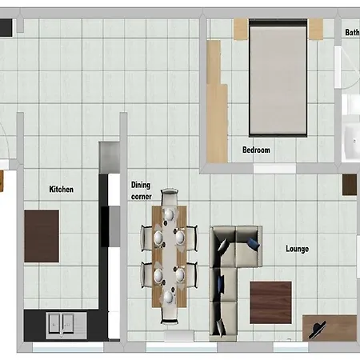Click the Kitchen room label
(x=62, y=189)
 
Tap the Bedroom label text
(x=256, y=150)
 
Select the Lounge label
(x=298, y=249)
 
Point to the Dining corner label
(x=142, y=190)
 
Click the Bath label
(x=352, y=32)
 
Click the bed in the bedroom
(x=278, y=78)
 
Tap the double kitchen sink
(x=66, y=326)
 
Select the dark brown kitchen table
(x=42, y=236)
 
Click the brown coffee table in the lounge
(x=270, y=302)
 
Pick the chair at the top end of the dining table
(x=170, y=197)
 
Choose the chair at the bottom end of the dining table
(x=170, y=316)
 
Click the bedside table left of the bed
(x=241, y=29)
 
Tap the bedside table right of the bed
(x=316, y=29)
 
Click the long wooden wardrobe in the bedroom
(x=217, y=102)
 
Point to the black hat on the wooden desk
(x=318, y=330)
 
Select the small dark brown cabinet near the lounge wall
(x=350, y=185)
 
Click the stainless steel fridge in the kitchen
(x=110, y=158)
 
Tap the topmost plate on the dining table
(x=169, y=214)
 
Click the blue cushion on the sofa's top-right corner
(x=253, y=244)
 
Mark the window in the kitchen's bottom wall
(x=68, y=347)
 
